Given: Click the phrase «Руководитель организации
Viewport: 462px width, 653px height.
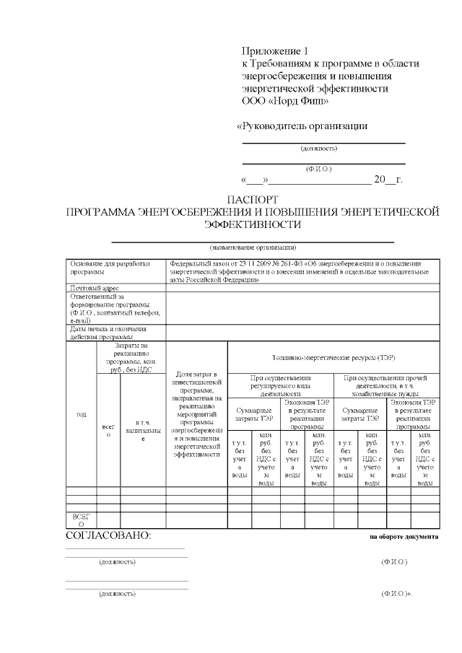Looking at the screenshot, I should tap(303, 126).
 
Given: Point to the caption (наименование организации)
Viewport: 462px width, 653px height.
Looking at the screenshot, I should tap(253, 247).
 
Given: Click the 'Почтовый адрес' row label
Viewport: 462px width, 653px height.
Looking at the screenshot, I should tap(95, 287).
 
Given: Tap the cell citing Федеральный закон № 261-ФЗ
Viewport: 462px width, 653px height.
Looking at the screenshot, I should tap(300, 271).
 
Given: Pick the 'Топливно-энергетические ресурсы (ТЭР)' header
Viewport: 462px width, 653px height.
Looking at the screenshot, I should tap(334, 357).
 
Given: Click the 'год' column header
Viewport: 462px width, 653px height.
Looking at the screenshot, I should tap(81, 415).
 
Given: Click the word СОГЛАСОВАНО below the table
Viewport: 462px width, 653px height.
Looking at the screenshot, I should tap(108, 536).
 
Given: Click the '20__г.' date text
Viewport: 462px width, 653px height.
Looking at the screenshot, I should tap(388, 180).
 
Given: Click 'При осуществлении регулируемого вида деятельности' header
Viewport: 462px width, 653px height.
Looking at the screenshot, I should tap(281, 385).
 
